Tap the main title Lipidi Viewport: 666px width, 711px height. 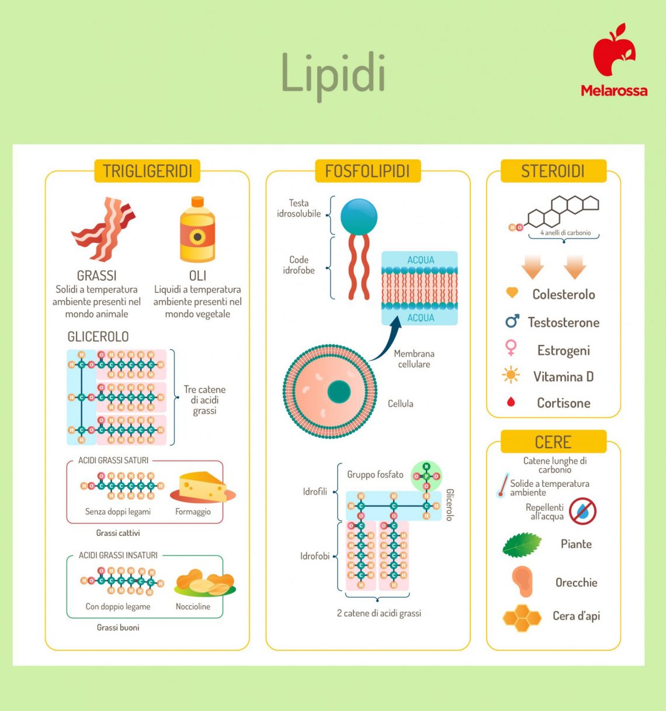[333, 75]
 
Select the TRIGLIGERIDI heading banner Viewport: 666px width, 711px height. [147, 171]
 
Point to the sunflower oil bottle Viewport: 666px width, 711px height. [197, 230]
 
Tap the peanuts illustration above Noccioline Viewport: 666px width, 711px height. [204, 583]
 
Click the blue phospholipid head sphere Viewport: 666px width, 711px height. [359, 217]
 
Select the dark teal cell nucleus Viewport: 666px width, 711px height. [339, 392]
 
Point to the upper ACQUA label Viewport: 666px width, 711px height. [420, 260]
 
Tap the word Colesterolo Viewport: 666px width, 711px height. [563, 294]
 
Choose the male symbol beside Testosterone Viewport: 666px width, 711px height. [512, 321]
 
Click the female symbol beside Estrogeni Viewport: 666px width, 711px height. [511, 348]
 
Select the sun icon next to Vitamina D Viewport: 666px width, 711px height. [511, 375]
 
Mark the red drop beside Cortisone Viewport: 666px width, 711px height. [511, 402]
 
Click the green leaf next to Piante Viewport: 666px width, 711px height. [521, 545]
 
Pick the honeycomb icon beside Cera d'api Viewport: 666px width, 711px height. [522, 618]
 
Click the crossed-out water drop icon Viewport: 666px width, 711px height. [582, 511]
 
